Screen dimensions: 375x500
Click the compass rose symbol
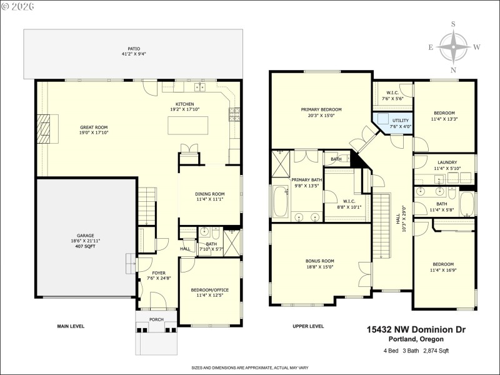454,47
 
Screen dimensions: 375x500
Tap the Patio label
134,49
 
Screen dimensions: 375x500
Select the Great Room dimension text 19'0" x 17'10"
94,132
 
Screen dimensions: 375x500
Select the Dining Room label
209,194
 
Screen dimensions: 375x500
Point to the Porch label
156,319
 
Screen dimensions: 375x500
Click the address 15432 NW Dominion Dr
416,329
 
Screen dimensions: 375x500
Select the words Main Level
71,326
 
